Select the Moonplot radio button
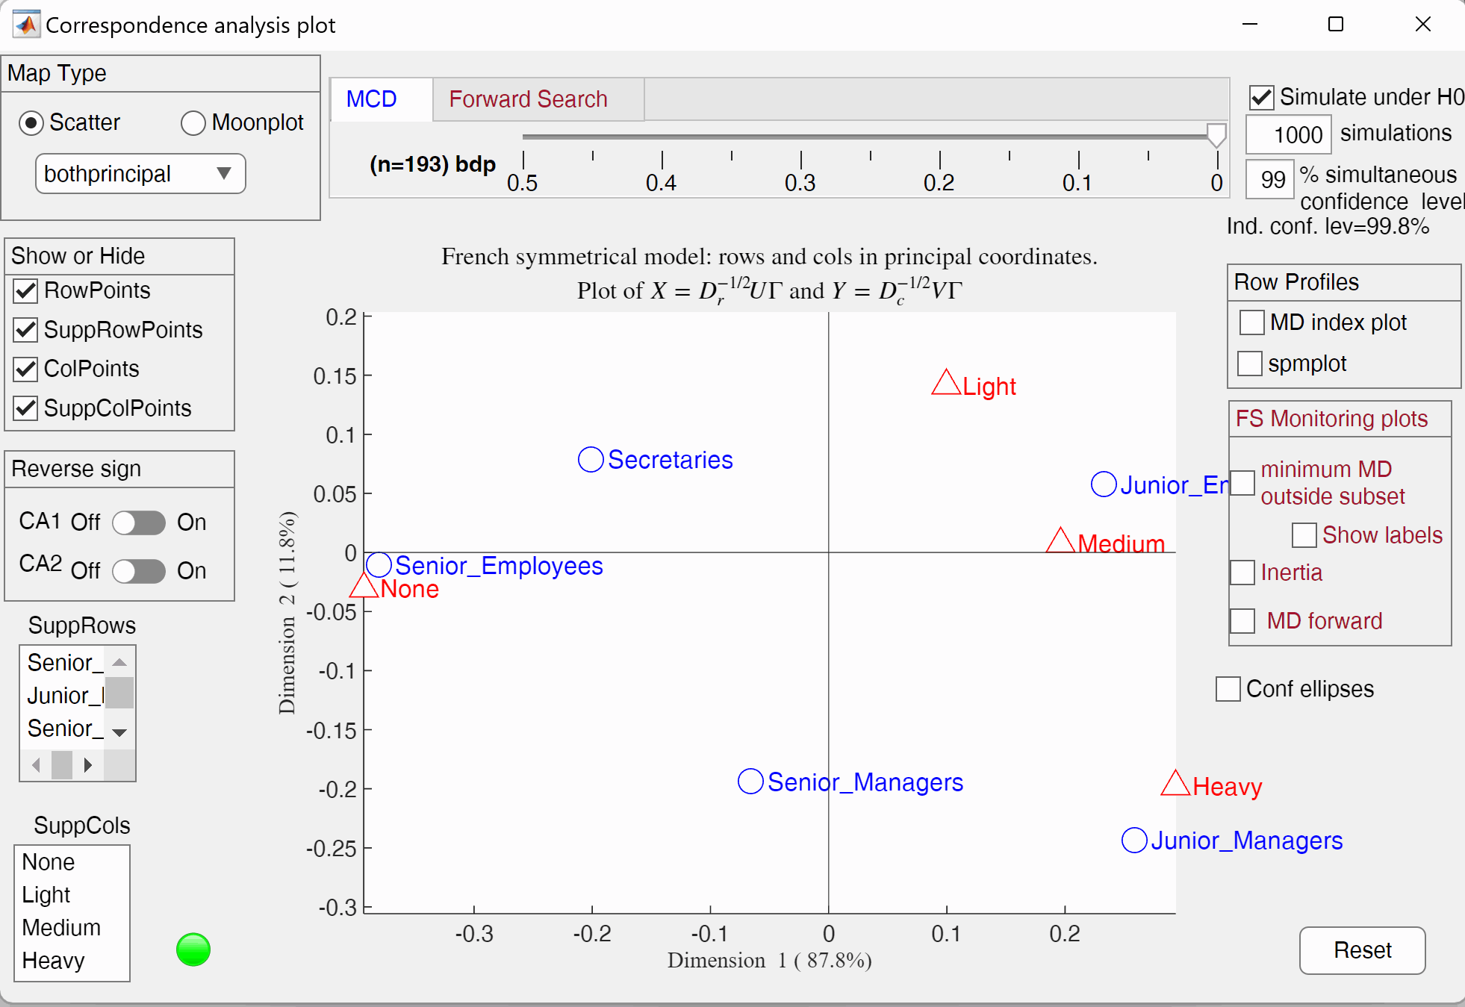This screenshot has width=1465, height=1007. [x=193, y=123]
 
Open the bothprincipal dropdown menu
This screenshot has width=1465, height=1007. [x=140, y=174]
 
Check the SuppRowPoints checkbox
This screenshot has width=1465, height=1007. [x=26, y=330]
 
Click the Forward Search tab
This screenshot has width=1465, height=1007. [x=528, y=99]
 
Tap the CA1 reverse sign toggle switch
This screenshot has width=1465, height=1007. [x=139, y=523]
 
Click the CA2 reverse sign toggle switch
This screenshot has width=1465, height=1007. [x=139, y=571]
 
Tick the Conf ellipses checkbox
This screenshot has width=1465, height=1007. [x=1228, y=689]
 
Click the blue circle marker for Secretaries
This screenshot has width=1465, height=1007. [x=591, y=460]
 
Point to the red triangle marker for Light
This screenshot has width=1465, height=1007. [x=946, y=384]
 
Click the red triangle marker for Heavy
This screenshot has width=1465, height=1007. [x=1175, y=784]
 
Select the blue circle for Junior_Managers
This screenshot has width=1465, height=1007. [x=1134, y=841]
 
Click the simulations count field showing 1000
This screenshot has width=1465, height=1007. [x=1288, y=135]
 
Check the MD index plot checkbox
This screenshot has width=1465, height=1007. [x=1251, y=322]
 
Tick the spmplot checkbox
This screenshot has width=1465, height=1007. [x=1250, y=364]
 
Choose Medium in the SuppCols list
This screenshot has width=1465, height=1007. [x=61, y=928]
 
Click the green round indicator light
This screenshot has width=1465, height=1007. [x=193, y=950]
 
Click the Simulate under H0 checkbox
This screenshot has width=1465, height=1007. [x=1262, y=98]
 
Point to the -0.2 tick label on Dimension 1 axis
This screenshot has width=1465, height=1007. [x=592, y=934]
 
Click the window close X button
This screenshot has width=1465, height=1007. [x=1422, y=25]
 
